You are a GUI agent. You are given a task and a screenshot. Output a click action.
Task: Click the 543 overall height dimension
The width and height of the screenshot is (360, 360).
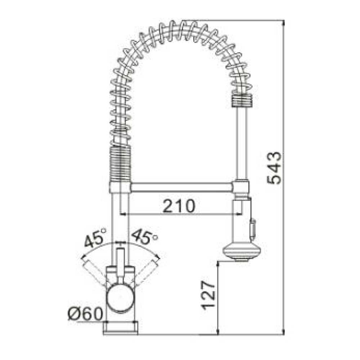point(275,168)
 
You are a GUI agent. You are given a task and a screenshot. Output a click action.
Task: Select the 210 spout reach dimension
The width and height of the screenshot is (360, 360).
point(179,206)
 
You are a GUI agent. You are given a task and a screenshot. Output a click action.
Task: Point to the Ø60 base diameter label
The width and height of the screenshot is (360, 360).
point(85,314)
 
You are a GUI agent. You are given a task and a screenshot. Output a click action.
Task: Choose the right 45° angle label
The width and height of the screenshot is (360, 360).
point(144,236)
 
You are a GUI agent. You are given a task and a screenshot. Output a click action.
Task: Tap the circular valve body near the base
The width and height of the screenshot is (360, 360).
point(121,297)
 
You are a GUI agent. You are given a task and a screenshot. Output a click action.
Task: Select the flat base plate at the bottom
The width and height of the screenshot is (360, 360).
point(121,327)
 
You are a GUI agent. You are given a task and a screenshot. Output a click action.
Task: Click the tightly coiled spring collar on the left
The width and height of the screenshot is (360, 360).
point(120,164)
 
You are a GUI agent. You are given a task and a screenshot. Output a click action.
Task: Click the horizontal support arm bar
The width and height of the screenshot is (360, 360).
point(182,187)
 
